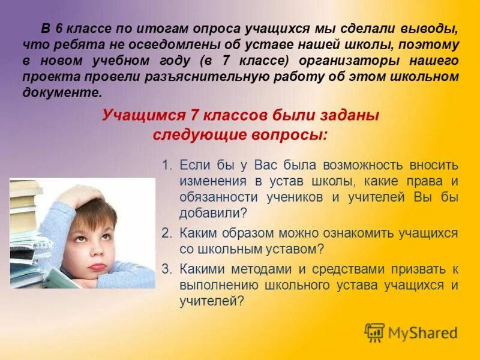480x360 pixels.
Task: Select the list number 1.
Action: [166, 165]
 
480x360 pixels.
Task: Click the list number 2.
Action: [166, 233]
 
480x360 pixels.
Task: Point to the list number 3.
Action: [166, 269]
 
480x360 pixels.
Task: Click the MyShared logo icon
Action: [374, 332]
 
